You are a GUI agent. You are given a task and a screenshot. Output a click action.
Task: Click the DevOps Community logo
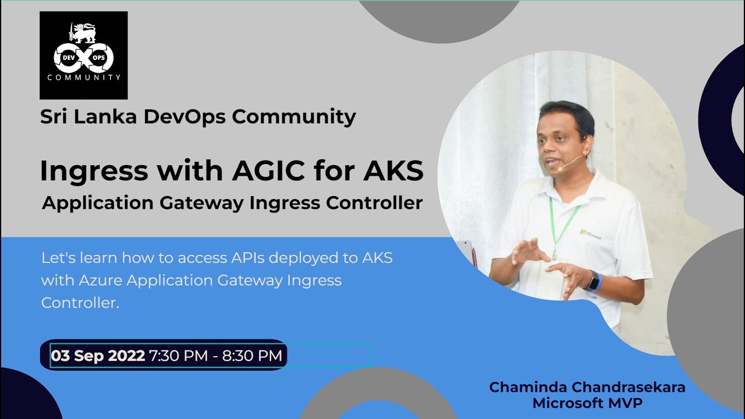click(x=83, y=55)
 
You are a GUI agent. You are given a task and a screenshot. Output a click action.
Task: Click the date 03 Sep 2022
click(x=98, y=356)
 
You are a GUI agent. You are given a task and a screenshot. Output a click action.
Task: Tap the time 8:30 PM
click(x=252, y=356)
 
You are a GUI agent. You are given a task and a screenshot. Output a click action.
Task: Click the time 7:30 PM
click(x=179, y=356)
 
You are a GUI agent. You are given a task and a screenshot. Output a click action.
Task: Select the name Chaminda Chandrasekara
click(x=587, y=387)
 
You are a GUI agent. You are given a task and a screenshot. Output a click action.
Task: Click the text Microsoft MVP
click(x=587, y=403)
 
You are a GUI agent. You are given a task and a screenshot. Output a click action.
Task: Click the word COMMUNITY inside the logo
click(x=84, y=77)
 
